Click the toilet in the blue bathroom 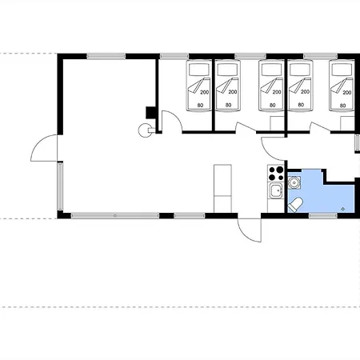(295, 205)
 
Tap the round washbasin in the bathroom (294, 182)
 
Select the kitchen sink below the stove (276, 190)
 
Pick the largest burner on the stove (279, 170)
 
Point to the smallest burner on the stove (281, 178)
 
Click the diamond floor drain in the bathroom (343, 209)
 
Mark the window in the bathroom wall (323, 215)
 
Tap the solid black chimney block (150, 112)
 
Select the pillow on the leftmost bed (198, 70)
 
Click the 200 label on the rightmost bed (347, 93)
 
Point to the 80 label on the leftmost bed (200, 106)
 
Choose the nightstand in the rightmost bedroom (347, 123)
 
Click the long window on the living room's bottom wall (115, 215)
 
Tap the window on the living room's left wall (60, 186)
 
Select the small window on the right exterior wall (357, 143)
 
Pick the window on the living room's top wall (106, 56)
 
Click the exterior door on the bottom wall (250, 230)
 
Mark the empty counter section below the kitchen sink (276, 206)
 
